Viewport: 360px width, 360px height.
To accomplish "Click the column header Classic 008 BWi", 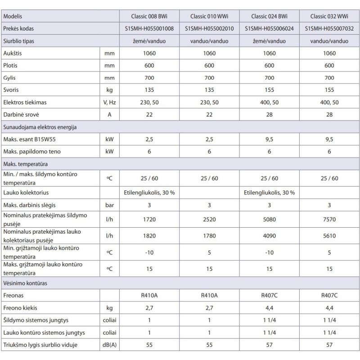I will coord(149,16).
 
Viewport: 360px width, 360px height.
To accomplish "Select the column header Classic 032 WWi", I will coord(329,16).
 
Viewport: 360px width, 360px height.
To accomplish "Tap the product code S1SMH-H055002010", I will coord(209,28).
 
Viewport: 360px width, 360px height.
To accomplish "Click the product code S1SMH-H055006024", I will coord(269,28).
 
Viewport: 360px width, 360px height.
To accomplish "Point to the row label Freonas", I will coord(13,296).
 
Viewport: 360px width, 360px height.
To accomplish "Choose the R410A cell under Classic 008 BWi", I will coord(149,296).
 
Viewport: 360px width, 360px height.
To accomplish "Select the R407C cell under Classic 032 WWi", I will coord(329,296).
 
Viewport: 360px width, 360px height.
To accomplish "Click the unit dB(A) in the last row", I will coord(109,346).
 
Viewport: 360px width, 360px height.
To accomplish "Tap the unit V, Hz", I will coord(109,103).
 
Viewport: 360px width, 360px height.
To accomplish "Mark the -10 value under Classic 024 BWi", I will coord(269,252).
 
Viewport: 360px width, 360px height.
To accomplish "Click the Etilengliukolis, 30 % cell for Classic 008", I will coord(149,193).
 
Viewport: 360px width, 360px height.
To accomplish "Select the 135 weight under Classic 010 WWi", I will coord(209,90).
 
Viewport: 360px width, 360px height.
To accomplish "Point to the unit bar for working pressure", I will coord(109,205).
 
